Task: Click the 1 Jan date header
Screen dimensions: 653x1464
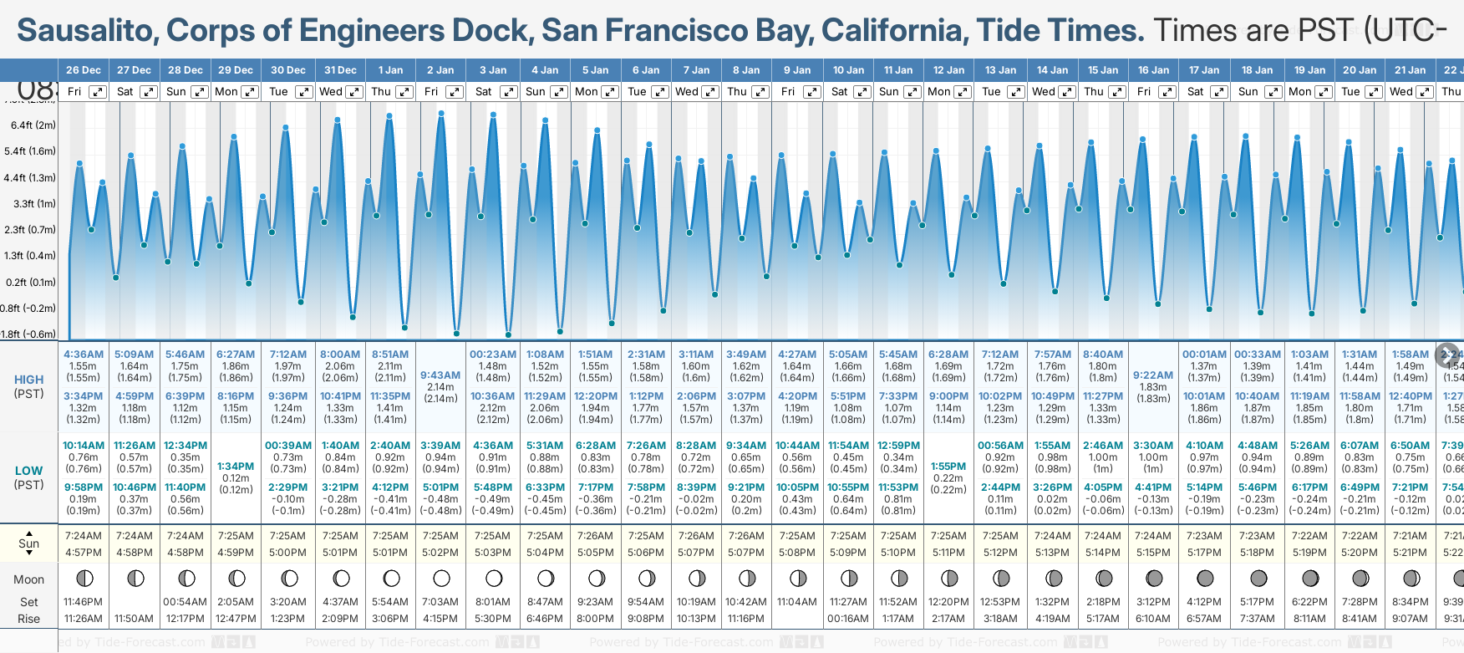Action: click(x=390, y=70)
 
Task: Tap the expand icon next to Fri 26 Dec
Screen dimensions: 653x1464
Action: click(x=98, y=92)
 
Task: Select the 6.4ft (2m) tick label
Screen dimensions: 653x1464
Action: click(x=33, y=125)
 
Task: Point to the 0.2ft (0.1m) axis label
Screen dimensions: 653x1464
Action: click(x=31, y=282)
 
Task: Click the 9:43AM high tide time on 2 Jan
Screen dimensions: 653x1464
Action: click(x=440, y=375)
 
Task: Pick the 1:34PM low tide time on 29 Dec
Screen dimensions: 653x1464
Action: click(x=236, y=467)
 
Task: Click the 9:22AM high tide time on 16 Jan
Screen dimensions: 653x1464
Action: click(x=1153, y=375)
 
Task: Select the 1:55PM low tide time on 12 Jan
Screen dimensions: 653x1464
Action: click(x=948, y=467)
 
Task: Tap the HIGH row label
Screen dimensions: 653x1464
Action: click(x=29, y=380)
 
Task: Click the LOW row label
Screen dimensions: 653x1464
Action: click(x=29, y=471)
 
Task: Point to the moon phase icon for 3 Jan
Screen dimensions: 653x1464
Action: click(x=494, y=578)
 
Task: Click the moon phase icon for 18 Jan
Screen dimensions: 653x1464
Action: click(x=1258, y=578)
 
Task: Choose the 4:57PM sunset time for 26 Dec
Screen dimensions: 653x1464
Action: click(x=83, y=553)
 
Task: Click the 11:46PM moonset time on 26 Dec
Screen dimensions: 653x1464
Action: click(x=83, y=602)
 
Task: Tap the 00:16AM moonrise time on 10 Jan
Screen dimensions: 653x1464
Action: click(x=848, y=619)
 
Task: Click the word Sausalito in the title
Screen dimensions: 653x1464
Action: click(x=88, y=31)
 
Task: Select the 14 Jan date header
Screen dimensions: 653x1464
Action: click(x=1053, y=70)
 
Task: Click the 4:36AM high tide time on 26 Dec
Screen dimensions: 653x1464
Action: click(x=84, y=355)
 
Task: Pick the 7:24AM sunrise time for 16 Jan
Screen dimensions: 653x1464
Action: click(x=1153, y=536)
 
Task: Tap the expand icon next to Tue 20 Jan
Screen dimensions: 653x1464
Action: click(x=1373, y=92)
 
